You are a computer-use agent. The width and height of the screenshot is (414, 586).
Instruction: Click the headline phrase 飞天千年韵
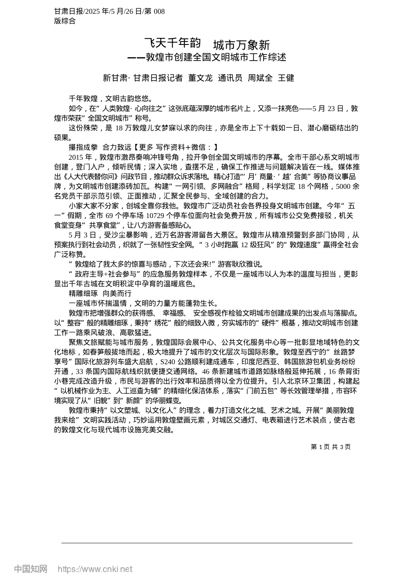pos(172,43)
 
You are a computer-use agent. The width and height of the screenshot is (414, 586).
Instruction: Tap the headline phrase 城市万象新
pos(241,45)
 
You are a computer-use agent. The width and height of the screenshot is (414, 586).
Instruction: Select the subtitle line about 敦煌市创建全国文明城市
pos(207,57)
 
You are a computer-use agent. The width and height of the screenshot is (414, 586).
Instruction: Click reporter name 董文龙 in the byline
pos(200,78)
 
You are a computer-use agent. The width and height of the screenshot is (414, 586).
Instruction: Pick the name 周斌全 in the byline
pos(260,78)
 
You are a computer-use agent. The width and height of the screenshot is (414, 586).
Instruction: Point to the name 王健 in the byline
pos(286,78)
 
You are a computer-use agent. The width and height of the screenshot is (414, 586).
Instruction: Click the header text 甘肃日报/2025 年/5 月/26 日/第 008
pos(109,11)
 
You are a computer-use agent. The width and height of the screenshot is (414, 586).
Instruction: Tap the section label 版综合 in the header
pos(65,20)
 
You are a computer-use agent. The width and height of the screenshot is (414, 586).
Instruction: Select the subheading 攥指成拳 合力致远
pos(100,147)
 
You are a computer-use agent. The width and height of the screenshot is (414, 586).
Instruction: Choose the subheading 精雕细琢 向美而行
pos(100,293)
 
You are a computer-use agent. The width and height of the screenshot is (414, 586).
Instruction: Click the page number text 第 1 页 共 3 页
pos(331,447)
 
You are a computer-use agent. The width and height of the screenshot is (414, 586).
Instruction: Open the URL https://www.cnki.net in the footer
pos(95,569)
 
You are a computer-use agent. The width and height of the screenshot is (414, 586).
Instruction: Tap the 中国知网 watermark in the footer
pos(31,569)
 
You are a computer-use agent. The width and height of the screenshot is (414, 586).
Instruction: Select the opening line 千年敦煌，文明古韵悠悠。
pos(111,99)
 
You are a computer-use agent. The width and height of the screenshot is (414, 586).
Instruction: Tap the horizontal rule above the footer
pos(207,543)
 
